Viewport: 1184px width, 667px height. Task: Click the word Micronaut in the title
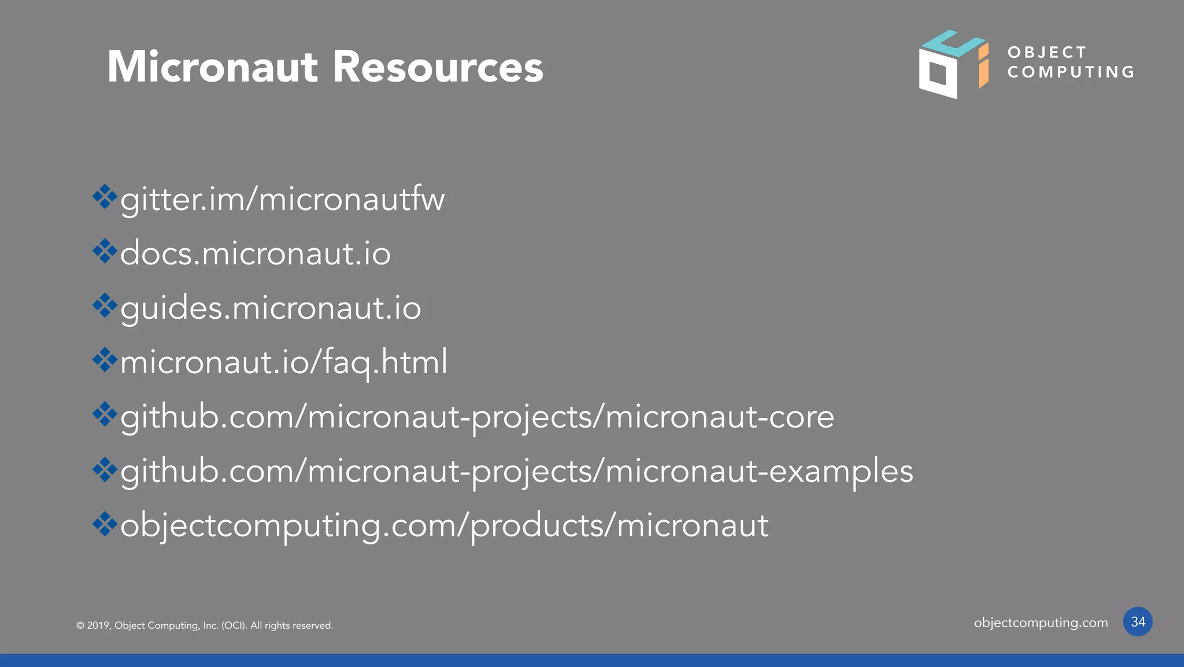(212, 67)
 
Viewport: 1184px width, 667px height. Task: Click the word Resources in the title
(438, 67)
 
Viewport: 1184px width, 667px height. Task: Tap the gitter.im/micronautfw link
(282, 200)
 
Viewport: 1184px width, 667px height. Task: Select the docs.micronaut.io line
(255, 254)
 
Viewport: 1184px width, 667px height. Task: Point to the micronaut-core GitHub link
(477, 417)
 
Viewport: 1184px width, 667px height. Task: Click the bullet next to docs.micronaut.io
(105, 251)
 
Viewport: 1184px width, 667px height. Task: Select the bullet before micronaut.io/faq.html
(105, 360)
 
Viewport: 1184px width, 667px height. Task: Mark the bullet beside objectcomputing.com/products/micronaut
(105, 524)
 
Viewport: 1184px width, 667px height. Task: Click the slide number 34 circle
(1137, 622)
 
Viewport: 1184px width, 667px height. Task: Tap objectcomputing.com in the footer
(1041, 623)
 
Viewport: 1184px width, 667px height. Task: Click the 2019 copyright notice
(205, 625)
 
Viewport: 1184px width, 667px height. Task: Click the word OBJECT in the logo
(1046, 53)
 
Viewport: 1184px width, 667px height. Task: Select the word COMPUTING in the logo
(1071, 72)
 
